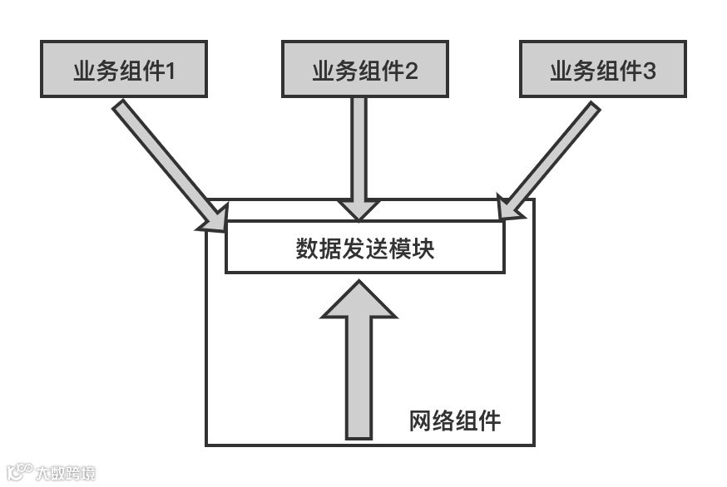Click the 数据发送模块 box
(x=364, y=248)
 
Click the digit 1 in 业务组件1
(x=171, y=71)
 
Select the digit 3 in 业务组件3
(x=650, y=71)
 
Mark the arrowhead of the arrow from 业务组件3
(x=508, y=207)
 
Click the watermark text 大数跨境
(x=65, y=474)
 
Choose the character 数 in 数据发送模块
(x=307, y=248)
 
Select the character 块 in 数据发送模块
(x=423, y=248)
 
